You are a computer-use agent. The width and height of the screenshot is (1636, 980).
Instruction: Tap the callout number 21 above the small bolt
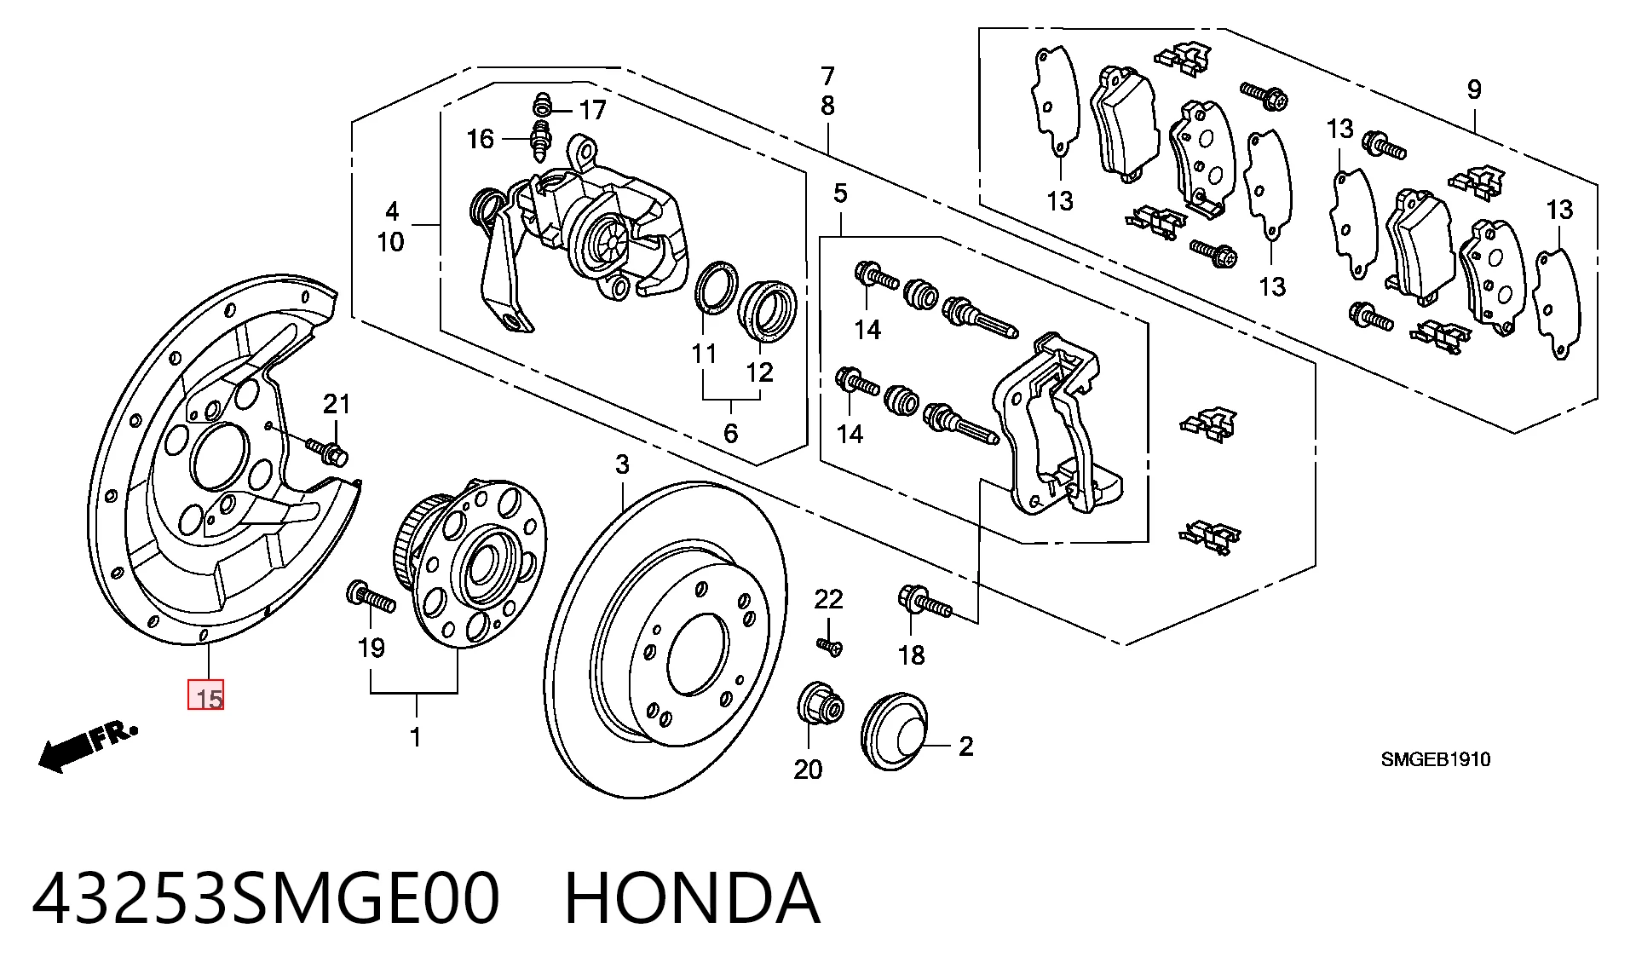[337, 404]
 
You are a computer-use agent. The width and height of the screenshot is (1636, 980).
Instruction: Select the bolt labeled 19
[371, 597]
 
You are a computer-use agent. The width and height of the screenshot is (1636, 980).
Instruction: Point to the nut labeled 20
[820, 706]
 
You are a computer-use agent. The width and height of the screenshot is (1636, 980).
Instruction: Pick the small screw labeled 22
[830, 647]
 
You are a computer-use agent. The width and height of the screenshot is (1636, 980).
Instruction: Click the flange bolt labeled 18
[924, 602]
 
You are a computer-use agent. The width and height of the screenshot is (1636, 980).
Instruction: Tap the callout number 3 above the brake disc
[623, 464]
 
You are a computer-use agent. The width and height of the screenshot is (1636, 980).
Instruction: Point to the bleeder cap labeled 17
[541, 106]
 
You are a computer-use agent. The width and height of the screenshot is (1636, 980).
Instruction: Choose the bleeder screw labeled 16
[540, 142]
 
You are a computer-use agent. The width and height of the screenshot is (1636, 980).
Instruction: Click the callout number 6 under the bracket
[730, 433]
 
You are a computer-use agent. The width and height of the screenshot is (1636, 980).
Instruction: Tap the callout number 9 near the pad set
[1474, 89]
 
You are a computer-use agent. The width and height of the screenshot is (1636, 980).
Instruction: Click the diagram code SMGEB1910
[1436, 759]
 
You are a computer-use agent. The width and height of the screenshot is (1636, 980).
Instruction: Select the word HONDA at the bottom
[692, 898]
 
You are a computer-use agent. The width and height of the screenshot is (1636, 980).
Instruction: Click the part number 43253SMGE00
[266, 898]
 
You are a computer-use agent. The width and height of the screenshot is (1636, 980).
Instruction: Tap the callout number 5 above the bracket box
[840, 193]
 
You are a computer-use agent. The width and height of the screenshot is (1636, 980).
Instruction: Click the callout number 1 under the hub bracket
[416, 737]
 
